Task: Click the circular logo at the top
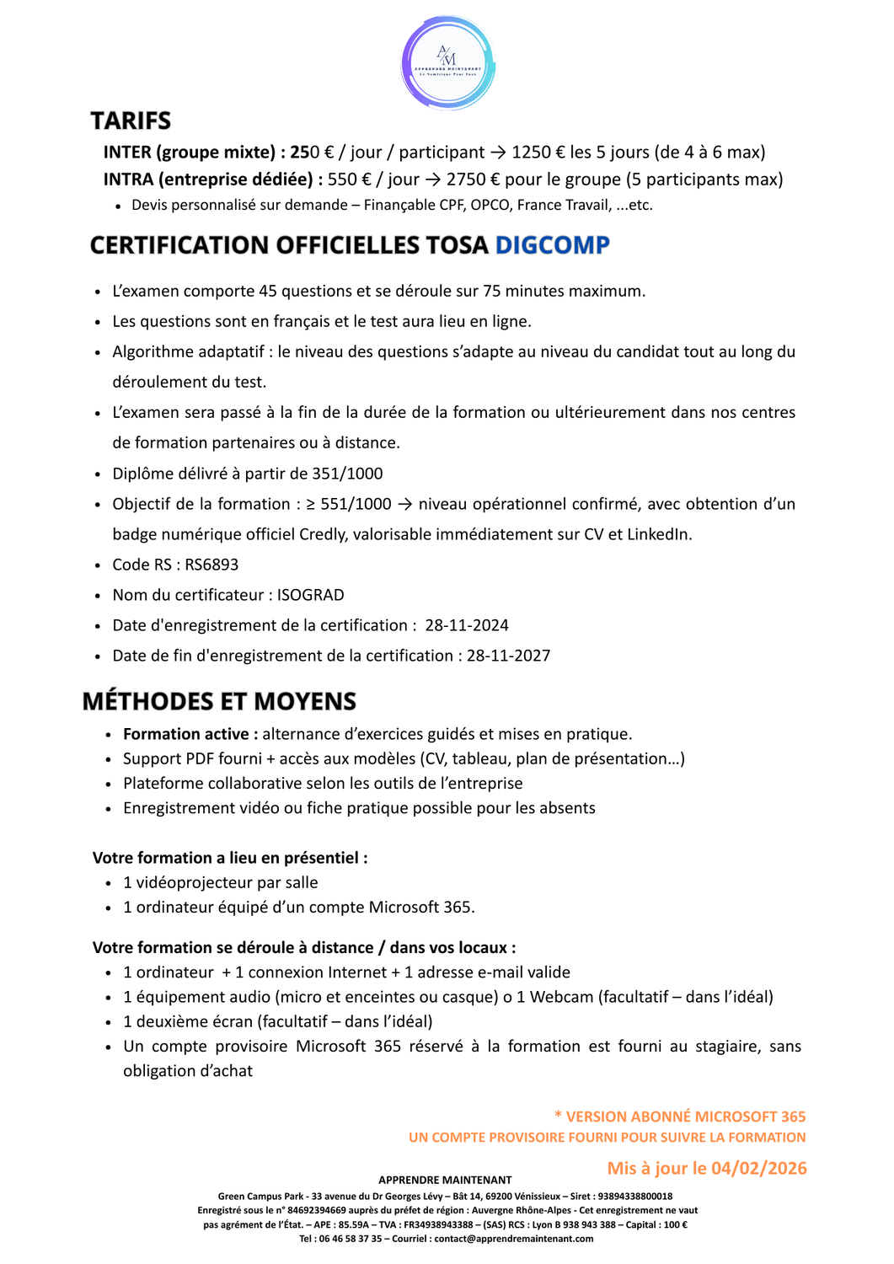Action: pyautogui.click(x=447, y=63)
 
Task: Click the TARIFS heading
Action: pyautogui.click(x=131, y=121)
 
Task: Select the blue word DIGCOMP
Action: pyautogui.click(x=552, y=245)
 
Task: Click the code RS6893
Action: pyautogui.click(x=211, y=565)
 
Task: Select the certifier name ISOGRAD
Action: pyautogui.click(x=310, y=595)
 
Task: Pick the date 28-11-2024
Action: pyautogui.click(x=467, y=625)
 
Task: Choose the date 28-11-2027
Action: pyautogui.click(x=508, y=656)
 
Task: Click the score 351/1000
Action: pyautogui.click(x=347, y=474)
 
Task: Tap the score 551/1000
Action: pyautogui.click(x=356, y=504)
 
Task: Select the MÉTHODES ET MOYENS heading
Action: pyautogui.click(x=219, y=701)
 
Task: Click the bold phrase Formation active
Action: pyautogui.click(x=185, y=734)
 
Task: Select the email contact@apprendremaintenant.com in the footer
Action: pyautogui.click(x=513, y=1239)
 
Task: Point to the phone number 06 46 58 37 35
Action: pyautogui.click(x=350, y=1239)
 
